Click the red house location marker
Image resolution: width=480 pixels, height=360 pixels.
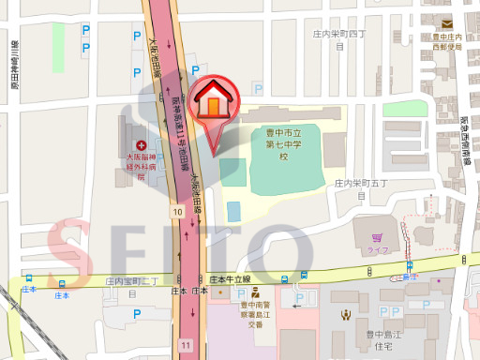(x=215, y=101)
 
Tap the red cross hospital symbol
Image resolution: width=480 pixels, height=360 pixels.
(x=142, y=145)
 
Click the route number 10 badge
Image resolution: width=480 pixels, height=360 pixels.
(x=177, y=213)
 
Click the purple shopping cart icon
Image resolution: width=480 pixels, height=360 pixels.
(x=376, y=238)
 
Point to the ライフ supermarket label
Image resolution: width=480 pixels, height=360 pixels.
(x=377, y=251)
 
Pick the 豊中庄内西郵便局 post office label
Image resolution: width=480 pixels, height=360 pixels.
(x=448, y=40)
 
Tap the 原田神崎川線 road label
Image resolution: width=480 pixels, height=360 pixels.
(x=15, y=65)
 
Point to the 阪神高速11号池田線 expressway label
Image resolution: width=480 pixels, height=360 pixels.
(x=175, y=121)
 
